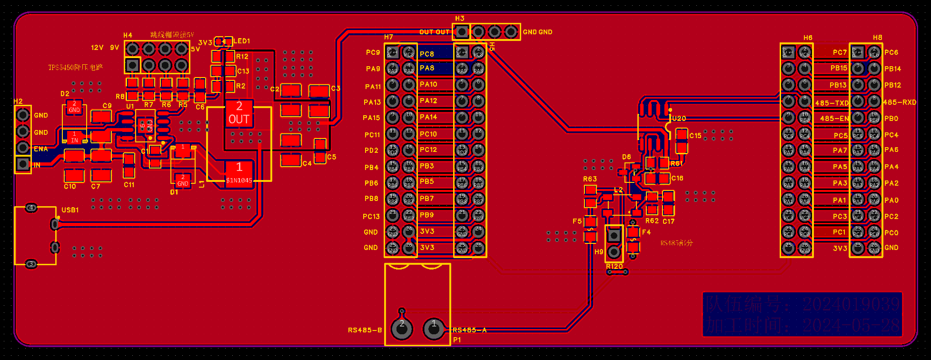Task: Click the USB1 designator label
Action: coord(70,210)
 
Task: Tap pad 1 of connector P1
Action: coord(434,328)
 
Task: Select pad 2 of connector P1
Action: coord(402,328)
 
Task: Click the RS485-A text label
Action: coord(469,330)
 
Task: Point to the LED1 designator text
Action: coord(241,41)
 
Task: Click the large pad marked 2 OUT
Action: coord(239,113)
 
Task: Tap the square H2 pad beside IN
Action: coord(23,164)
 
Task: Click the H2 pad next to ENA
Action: coord(23,148)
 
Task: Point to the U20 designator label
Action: coord(679,119)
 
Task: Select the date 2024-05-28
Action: coord(851,326)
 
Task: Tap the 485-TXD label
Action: coord(832,103)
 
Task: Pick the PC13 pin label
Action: coord(371,217)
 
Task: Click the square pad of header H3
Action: coord(462,32)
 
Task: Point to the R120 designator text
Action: coord(614,267)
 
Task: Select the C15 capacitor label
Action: coord(695,136)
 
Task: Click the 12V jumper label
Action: coord(97,48)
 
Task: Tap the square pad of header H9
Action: coord(614,235)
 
